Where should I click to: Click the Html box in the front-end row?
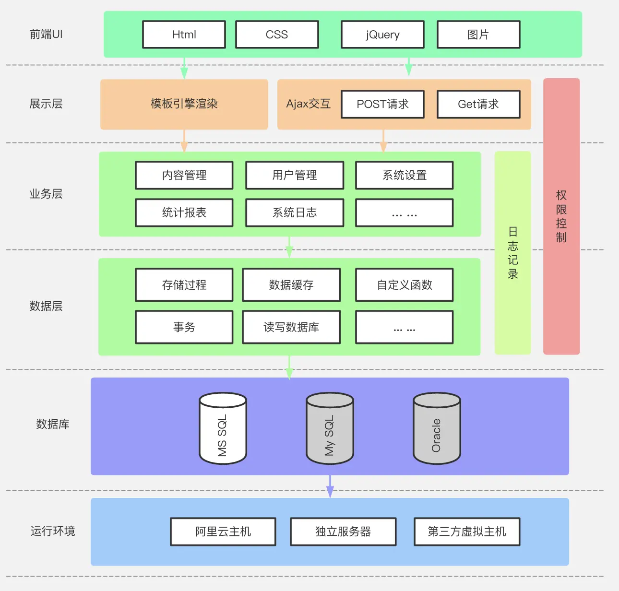click(184, 35)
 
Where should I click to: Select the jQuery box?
click(382, 35)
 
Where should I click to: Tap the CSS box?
click(277, 35)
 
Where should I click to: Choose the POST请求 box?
click(382, 104)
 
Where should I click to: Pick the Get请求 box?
click(478, 104)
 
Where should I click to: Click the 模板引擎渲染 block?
click(184, 104)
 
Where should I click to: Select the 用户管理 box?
click(295, 175)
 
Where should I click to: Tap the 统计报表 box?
click(184, 213)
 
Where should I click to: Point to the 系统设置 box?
click(404, 175)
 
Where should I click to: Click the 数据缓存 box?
click(291, 285)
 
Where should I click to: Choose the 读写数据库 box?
click(291, 327)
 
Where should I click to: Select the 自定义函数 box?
click(404, 285)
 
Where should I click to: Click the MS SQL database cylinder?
click(223, 429)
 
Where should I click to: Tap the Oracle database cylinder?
click(437, 429)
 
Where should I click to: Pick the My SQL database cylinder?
click(330, 429)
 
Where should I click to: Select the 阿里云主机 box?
click(223, 532)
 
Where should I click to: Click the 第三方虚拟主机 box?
click(466, 532)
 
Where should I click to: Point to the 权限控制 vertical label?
click(561, 216)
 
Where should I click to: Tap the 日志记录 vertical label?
click(512, 253)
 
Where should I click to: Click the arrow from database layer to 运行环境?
click(330, 486)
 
